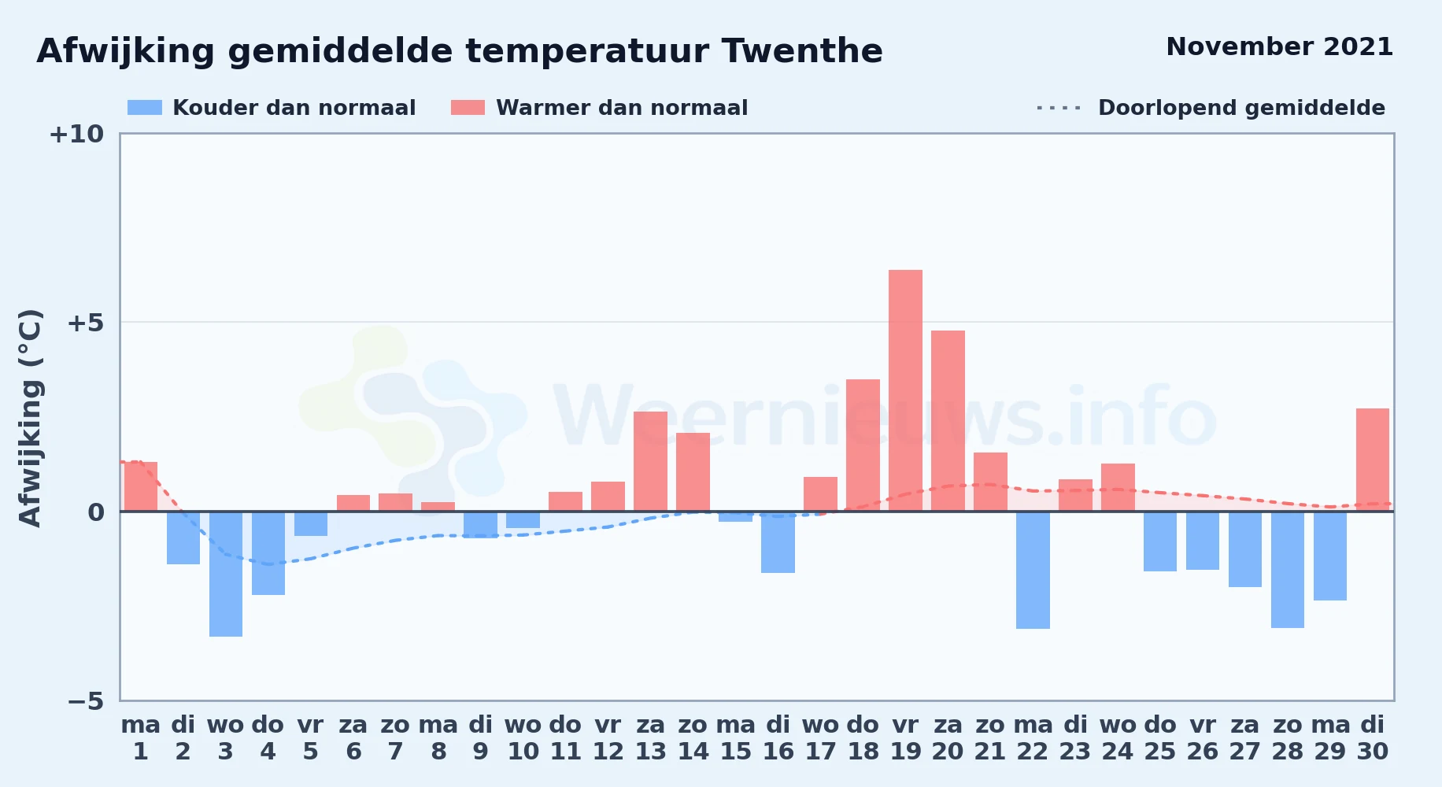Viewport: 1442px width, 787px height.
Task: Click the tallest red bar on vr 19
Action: [x=905, y=390]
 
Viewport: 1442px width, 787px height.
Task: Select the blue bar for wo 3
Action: [x=226, y=574]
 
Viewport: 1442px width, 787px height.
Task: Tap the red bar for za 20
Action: [x=948, y=421]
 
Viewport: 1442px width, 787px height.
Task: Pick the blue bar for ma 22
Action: [x=1033, y=570]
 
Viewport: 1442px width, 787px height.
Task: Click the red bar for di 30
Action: [x=1373, y=460]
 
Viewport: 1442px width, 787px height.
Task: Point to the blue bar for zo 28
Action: [x=1288, y=570]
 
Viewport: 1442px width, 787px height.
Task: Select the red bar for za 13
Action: [x=650, y=461]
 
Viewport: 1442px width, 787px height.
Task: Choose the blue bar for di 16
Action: [x=778, y=542]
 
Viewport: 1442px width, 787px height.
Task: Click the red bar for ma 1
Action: [x=141, y=486]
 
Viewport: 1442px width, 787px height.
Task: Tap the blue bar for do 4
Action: [x=268, y=553]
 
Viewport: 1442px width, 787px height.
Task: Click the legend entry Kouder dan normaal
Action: [x=272, y=108]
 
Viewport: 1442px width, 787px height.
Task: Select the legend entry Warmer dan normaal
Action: [x=599, y=108]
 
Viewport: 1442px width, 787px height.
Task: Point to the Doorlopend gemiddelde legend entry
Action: [x=1211, y=108]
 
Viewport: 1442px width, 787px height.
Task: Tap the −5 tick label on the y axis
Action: [x=85, y=700]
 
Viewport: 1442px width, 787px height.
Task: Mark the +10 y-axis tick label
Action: [x=76, y=134]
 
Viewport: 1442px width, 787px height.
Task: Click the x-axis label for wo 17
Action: [x=820, y=738]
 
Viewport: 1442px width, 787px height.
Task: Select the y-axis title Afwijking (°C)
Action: [x=30, y=417]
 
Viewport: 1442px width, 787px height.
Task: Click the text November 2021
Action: [x=1279, y=46]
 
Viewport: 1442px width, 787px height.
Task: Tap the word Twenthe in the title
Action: [x=802, y=51]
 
